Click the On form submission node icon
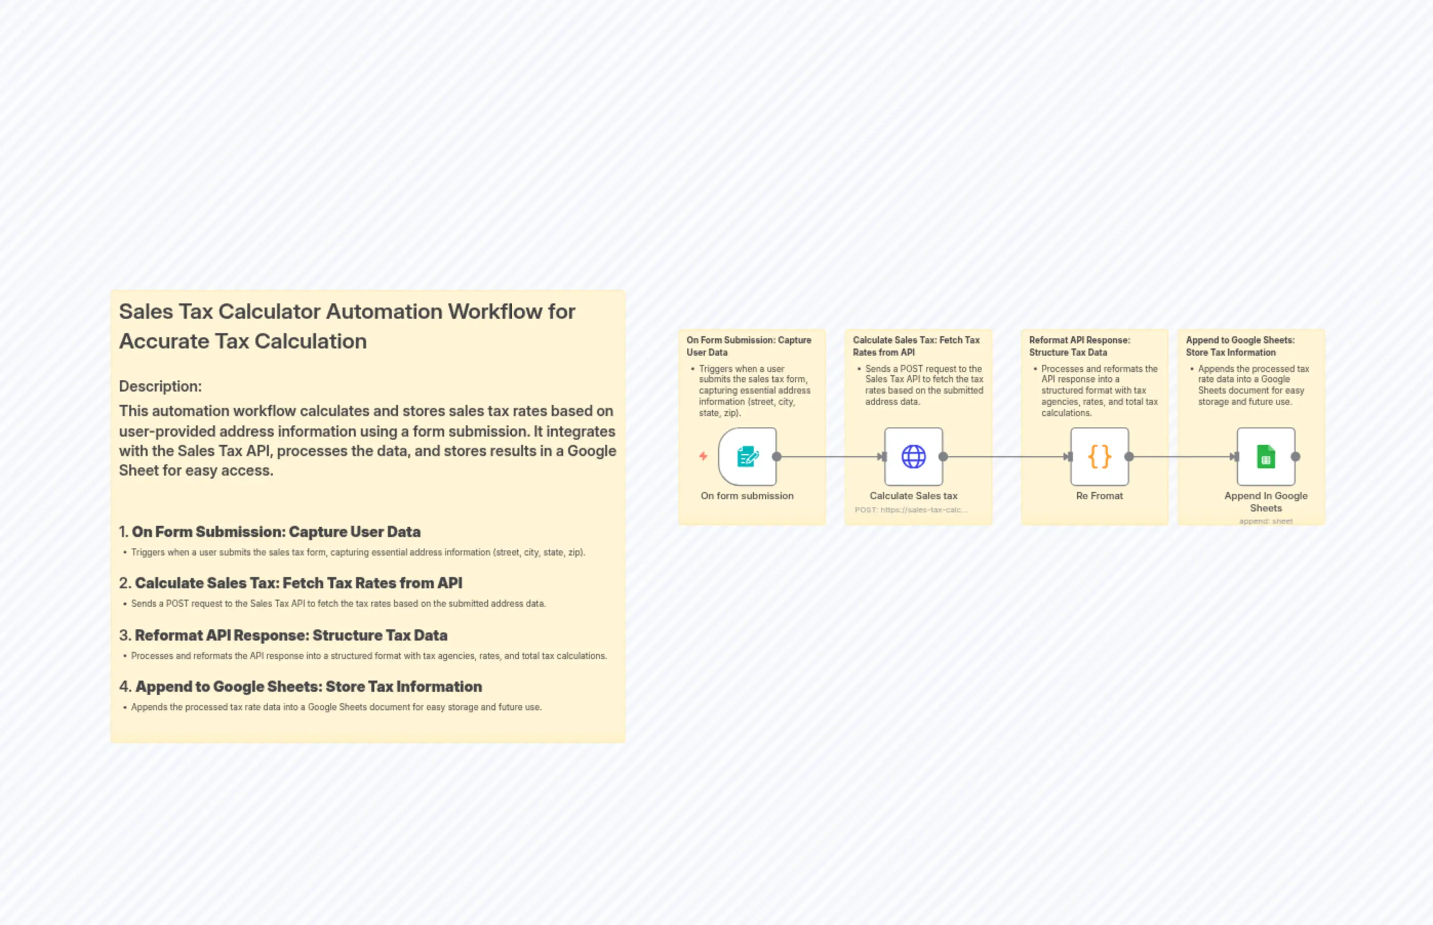pos(747,457)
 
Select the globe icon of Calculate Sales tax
pos(913,457)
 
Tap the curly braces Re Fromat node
pos(1100,457)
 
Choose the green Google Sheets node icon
pos(1266,457)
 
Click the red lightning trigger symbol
pos(703,457)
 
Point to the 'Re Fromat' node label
pos(1100,496)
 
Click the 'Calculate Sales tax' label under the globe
pos(913,496)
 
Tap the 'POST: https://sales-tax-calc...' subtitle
pos(911,510)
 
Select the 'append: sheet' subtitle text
pos(1266,521)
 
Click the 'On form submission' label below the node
pos(747,496)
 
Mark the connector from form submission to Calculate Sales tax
pos(829,457)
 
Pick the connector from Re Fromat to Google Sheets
pos(1181,457)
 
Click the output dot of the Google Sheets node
pos(1296,457)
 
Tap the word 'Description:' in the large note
pos(161,386)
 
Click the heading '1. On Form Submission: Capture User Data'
pos(270,532)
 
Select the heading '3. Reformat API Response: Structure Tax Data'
pos(283,635)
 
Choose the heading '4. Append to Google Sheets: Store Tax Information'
pos(301,687)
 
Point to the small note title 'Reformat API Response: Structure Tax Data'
pos(1079,346)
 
